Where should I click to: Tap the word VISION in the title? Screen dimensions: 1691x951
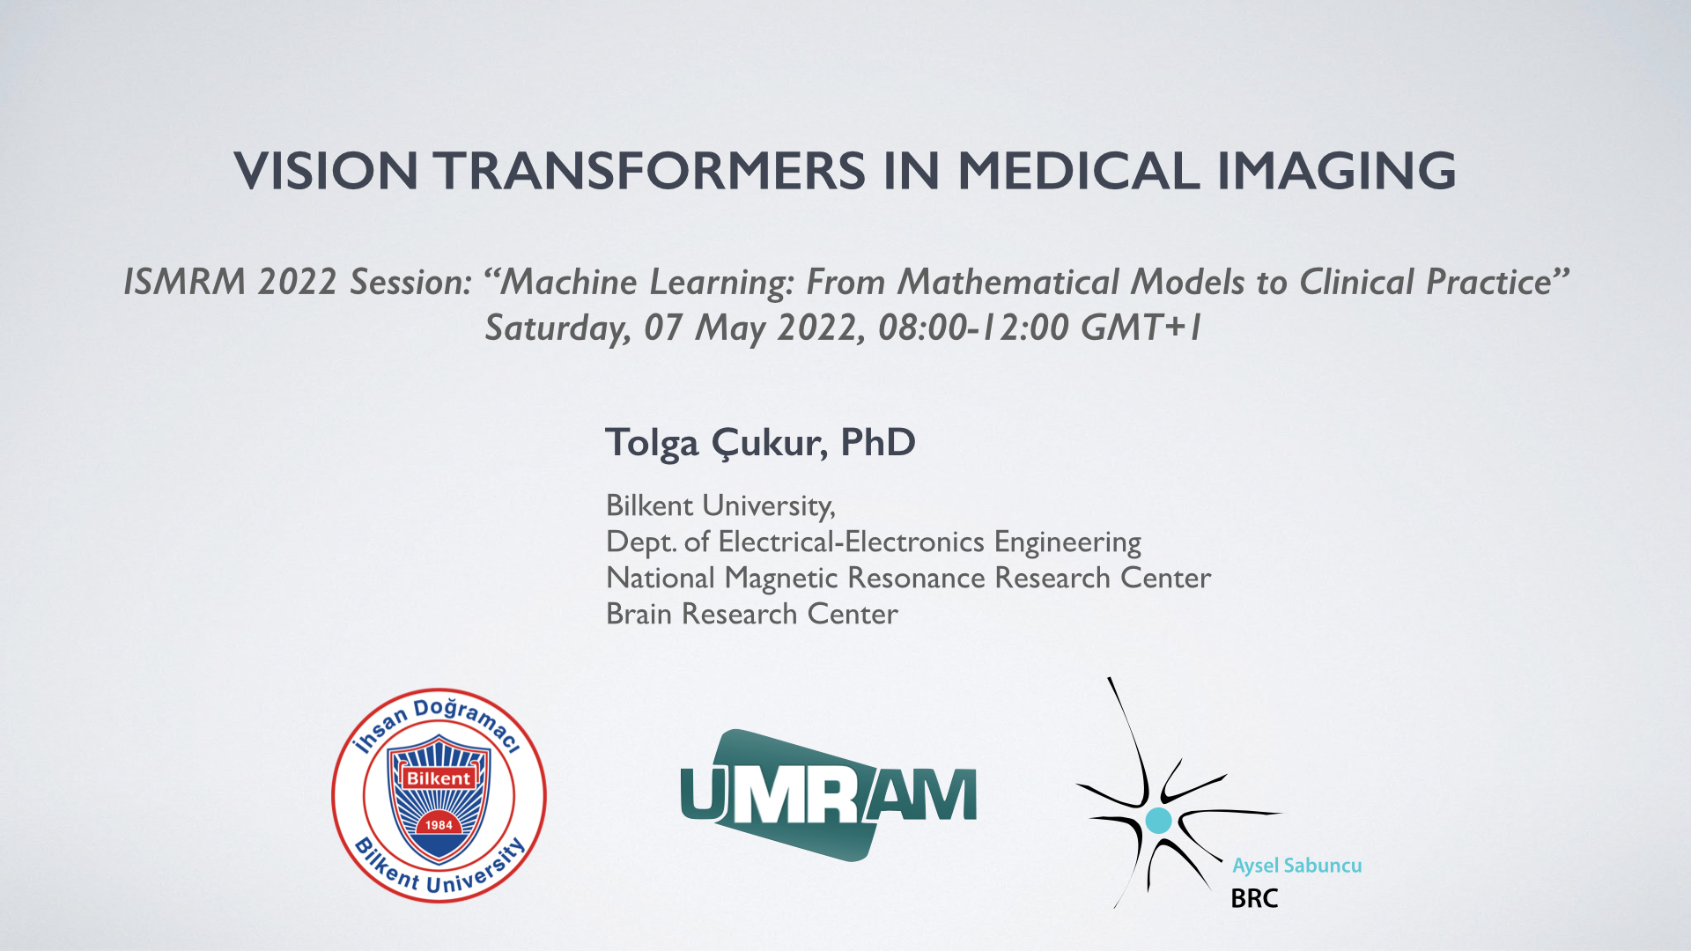(x=326, y=170)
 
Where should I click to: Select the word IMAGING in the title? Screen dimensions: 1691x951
(x=1336, y=170)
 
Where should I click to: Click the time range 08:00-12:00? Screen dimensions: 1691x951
(x=973, y=328)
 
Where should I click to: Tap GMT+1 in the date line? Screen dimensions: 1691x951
(x=1141, y=328)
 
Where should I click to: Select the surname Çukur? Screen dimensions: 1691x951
(x=769, y=443)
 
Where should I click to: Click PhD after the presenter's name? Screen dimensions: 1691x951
(x=878, y=442)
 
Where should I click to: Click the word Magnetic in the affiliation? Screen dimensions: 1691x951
(x=781, y=579)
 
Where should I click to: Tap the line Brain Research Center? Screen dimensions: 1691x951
(x=752, y=614)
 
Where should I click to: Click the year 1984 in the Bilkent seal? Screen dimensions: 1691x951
(x=439, y=825)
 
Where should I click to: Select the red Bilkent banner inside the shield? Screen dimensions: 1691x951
(x=439, y=778)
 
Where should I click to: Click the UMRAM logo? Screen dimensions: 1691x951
(x=829, y=795)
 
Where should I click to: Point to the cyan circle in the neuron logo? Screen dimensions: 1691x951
(x=1158, y=821)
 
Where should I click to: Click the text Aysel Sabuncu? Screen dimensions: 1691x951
(x=1297, y=866)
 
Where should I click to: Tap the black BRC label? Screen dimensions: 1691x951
(x=1254, y=899)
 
